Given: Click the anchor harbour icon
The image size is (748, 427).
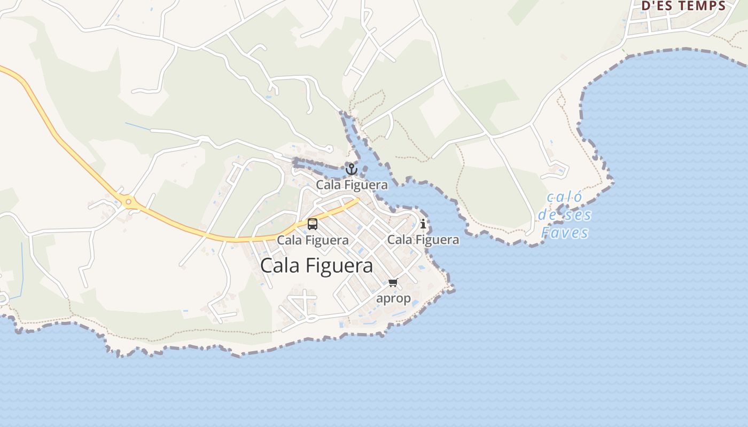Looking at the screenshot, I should click(x=351, y=169).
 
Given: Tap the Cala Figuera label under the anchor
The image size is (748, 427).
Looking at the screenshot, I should click(x=352, y=185).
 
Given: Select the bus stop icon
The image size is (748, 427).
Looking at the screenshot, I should click(x=313, y=224).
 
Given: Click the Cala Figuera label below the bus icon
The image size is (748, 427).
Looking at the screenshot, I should click(x=313, y=240).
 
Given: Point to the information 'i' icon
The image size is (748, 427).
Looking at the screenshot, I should click(x=423, y=224).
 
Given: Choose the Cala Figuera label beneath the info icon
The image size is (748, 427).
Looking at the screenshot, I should click(x=423, y=240).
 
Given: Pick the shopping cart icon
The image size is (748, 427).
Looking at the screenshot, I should click(x=393, y=282).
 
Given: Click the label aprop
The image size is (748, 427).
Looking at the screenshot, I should click(x=393, y=298).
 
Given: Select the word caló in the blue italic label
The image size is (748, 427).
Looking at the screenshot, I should click(x=565, y=197).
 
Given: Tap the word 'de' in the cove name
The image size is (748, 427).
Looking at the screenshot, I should click(x=548, y=215).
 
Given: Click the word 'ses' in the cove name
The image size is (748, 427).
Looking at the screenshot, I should click(x=579, y=215).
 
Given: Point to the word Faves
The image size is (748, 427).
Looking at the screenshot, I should click(x=565, y=233).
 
